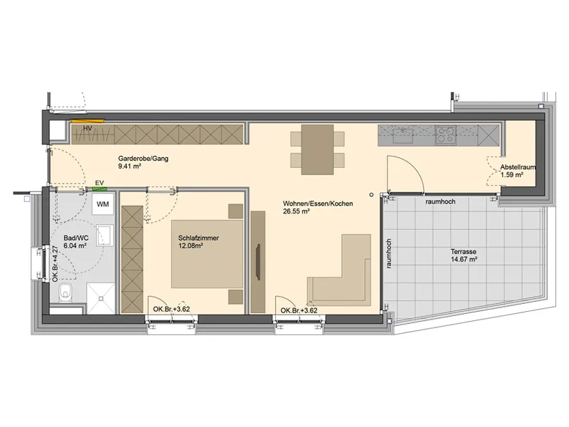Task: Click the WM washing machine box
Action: point(102,204)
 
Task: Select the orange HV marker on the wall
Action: point(87,121)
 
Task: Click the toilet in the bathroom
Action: point(65,293)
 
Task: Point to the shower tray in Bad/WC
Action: point(100,299)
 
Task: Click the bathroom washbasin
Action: point(105,235)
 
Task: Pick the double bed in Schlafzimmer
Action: point(207,254)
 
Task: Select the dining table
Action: point(317,149)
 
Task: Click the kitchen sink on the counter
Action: point(403,135)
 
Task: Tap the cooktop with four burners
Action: point(446,135)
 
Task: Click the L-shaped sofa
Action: point(340,270)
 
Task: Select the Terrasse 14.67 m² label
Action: point(464,255)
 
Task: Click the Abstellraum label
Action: point(518,167)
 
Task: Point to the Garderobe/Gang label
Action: point(144,159)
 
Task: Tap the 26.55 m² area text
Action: point(296,211)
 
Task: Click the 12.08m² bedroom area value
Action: point(190,246)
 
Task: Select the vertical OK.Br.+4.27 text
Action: point(55,264)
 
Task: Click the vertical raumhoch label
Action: point(389,253)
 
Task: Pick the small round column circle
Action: point(371,194)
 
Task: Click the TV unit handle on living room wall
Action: point(258,262)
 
